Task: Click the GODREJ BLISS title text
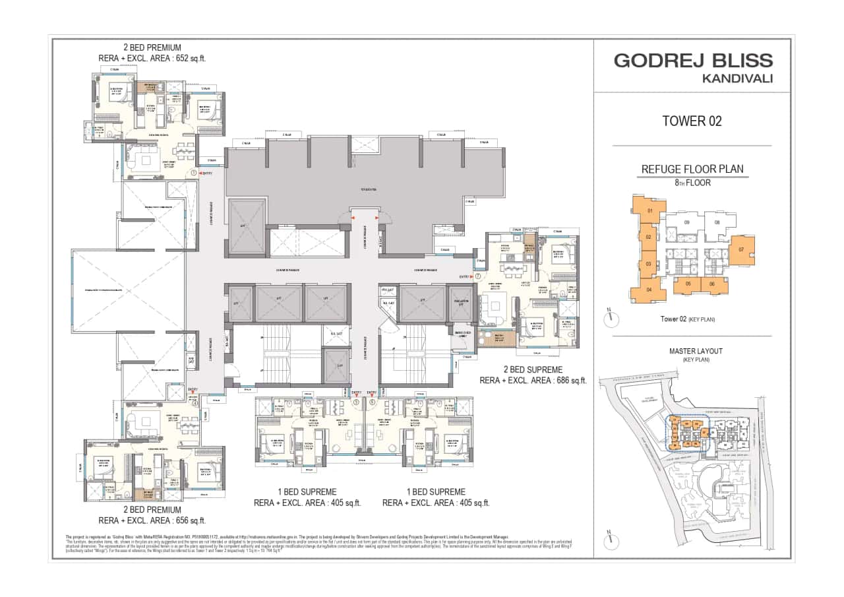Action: click(x=693, y=61)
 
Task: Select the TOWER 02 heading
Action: click(x=692, y=121)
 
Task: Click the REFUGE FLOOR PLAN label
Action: click(x=692, y=170)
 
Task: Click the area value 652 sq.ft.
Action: click(x=189, y=58)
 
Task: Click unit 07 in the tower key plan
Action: click(x=741, y=250)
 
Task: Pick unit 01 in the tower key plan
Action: click(x=649, y=211)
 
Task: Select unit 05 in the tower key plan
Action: click(x=688, y=284)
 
